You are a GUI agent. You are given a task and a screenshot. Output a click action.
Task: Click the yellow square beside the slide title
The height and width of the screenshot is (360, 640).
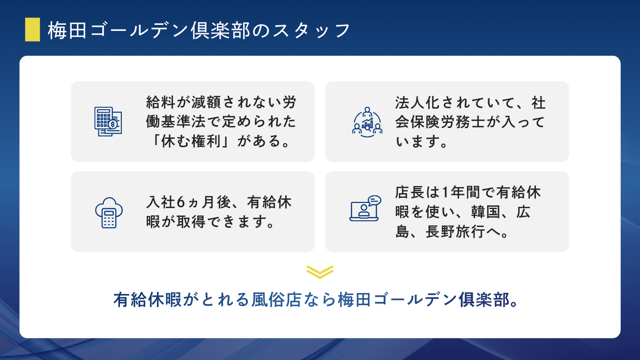click(32, 30)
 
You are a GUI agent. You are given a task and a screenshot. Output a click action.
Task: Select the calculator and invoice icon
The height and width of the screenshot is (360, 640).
click(108, 121)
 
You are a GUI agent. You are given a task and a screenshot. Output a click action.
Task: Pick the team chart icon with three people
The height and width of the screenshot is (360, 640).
click(367, 121)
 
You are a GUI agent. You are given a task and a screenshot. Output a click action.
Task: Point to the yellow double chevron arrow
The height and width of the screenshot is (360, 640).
click(320, 271)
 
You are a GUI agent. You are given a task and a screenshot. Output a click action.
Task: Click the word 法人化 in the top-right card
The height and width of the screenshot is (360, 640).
click(418, 102)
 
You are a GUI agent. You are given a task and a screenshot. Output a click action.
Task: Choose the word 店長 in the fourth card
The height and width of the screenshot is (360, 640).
click(409, 193)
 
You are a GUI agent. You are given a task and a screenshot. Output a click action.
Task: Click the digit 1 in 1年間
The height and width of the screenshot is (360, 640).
click(446, 193)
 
